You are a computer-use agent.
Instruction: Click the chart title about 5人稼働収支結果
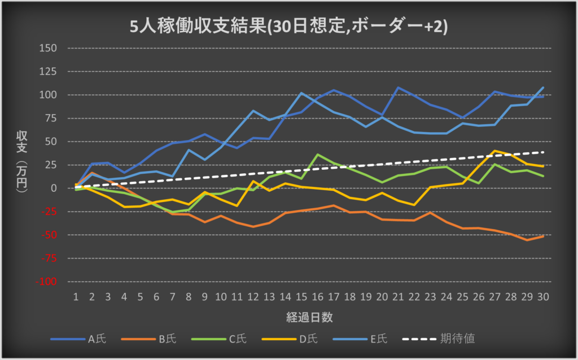pos(288,27)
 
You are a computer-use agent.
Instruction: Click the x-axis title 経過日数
pos(309,317)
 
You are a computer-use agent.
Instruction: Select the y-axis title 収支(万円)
pos(24,164)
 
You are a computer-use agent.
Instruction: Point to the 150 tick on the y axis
pos(49,48)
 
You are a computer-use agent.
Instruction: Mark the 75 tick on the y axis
pos(51,118)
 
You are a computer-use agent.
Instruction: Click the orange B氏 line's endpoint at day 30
pos(544,236)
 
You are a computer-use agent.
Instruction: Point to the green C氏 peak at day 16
pos(318,154)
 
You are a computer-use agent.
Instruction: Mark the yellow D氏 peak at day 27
pos(495,151)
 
